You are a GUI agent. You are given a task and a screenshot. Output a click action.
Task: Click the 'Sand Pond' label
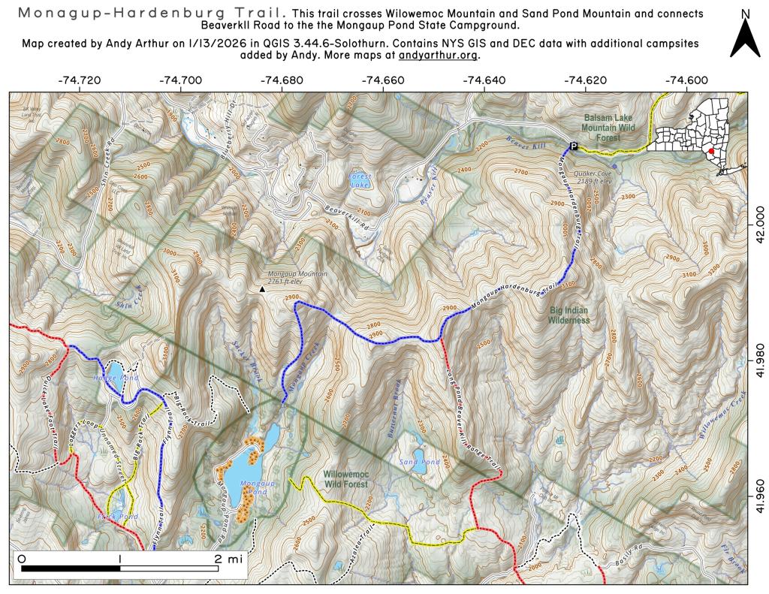419,462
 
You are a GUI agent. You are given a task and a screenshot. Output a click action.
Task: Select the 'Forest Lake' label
360,180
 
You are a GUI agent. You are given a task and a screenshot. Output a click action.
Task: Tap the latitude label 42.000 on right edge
758,225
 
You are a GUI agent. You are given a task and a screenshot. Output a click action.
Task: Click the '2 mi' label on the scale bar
227,559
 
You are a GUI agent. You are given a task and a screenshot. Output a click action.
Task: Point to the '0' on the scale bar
21,559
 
